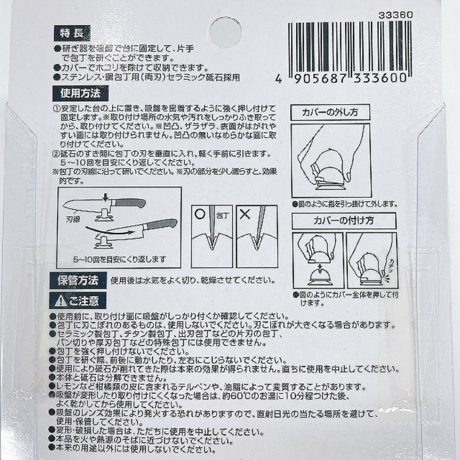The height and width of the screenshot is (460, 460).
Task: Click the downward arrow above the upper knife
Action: [105, 198]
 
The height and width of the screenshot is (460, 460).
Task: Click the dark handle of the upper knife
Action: [129, 203]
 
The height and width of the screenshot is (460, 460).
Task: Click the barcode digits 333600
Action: [383, 78]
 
